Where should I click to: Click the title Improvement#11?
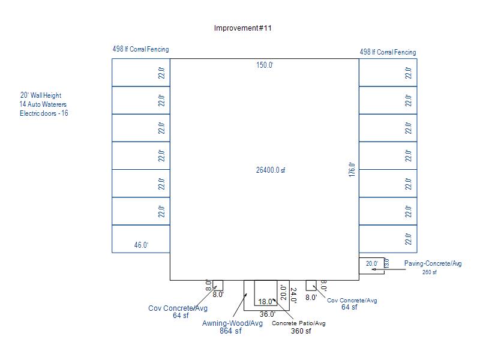(243, 28)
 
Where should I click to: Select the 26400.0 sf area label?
(271, 170)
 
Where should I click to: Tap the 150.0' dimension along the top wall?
(265, 65)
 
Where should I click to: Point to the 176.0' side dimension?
(352, 170)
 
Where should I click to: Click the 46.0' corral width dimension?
(141, 245)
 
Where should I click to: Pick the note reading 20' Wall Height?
(41, 95)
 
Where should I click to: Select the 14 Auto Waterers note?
(43, 104)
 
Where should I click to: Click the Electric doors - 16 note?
(44, 113)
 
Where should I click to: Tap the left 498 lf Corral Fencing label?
(140, 49)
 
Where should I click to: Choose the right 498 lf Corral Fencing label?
(388, 52)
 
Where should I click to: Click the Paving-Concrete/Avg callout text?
(433, 263)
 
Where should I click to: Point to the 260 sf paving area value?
(430, 272)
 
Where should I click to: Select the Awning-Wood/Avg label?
(233, 323)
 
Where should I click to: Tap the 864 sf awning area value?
(230, 331)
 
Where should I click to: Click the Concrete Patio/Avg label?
(299, 323)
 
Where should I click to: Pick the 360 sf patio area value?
(301, 331)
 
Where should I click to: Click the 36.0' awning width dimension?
(268, 314)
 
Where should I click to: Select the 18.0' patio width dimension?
(265, 302)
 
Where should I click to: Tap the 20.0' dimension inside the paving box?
(372, 263)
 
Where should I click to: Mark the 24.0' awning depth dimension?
(293, 295)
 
